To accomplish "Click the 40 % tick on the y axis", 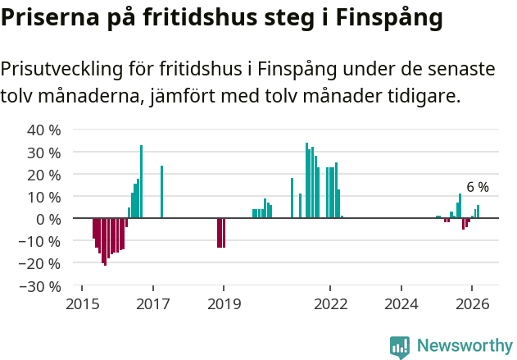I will [x=44, y=130].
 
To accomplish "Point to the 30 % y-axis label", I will [x=44, y=153].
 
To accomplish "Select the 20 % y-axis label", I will [x=44, y=175].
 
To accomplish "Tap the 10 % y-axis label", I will [x=44, y=197].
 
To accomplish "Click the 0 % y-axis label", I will [x=48, y=219].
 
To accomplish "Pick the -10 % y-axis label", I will [x=41, y=241].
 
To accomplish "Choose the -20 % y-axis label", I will [x=41, y=263].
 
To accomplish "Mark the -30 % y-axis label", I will [x=41, y=286].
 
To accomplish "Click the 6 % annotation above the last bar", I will [x=478, y=188].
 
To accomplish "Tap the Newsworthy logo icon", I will [x=400, y=347].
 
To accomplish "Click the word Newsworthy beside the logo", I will [x=464, y=346].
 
